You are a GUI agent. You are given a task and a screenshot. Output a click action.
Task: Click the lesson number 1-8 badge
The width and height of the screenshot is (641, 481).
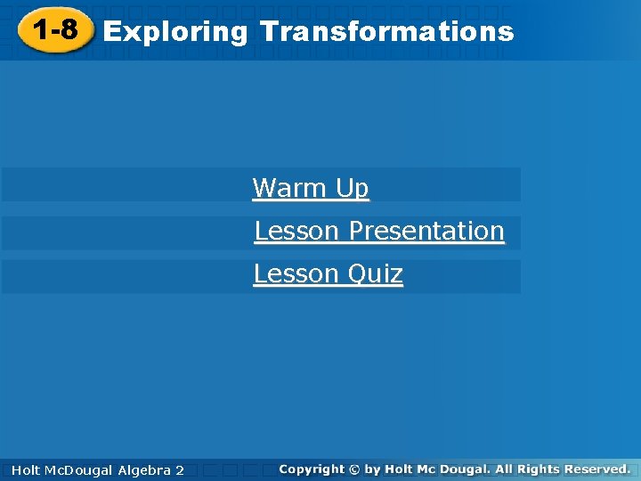click(54, 31)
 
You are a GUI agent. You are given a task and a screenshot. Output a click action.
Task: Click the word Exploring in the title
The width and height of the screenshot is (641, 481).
click(175, 32)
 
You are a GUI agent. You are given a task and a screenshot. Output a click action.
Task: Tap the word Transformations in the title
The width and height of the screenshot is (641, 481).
click(386, 32)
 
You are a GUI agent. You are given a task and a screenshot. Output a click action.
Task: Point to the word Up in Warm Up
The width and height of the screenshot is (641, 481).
click(353, 189)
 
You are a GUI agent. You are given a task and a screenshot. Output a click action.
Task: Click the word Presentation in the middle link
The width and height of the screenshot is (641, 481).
click(426, 231)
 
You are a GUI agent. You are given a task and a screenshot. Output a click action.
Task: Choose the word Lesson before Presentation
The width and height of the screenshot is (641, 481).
click(297, 231)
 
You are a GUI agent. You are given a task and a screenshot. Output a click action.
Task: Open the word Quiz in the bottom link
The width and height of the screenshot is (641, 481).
click(376, 273)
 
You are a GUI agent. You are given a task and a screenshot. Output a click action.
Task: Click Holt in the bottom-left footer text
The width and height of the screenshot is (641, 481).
click(26, 469)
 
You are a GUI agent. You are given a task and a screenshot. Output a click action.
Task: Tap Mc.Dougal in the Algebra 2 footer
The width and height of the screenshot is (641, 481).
click(78, 469)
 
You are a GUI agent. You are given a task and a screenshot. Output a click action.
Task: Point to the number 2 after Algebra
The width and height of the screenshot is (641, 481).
click(180, 469)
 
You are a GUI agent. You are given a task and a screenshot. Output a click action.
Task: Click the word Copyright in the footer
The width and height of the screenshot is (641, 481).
click(311, 469)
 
